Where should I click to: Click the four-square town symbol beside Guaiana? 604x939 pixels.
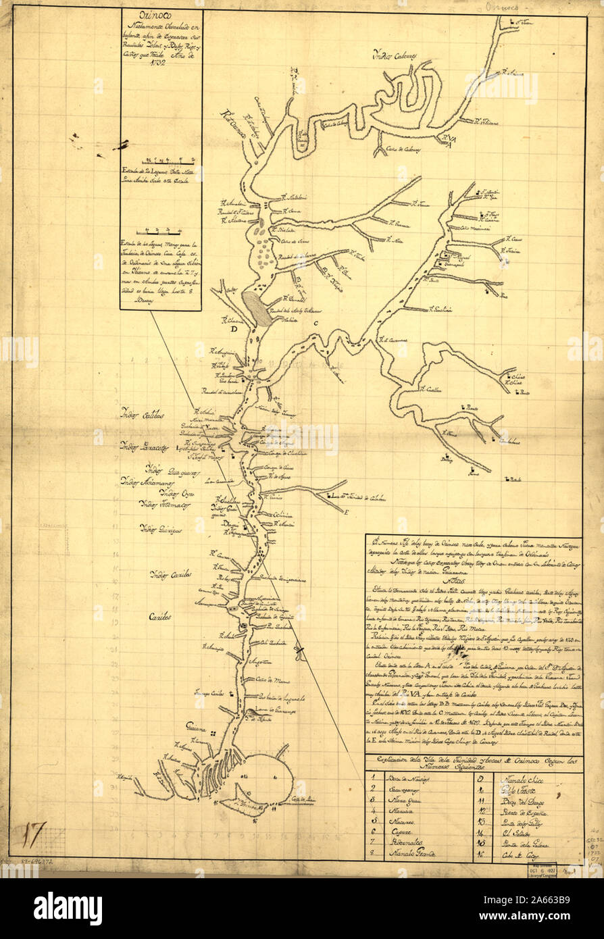213,734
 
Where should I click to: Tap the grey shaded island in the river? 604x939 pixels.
257,307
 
